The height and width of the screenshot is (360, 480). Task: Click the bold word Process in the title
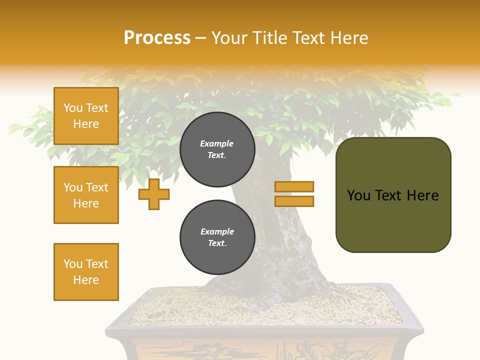point(157,38)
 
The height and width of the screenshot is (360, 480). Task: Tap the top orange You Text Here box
point(86,116)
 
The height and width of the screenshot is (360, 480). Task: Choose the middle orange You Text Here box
point(86,195)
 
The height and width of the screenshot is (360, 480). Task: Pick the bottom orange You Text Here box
point(86,271)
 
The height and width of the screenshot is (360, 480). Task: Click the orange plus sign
point(154,194)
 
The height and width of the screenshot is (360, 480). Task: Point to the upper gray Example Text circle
point(217,149)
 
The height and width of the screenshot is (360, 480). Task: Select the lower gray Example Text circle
point(217,237)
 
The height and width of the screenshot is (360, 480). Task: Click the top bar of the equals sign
point(294,186)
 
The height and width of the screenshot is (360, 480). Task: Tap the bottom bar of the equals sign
point(294,201)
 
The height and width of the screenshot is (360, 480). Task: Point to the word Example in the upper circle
point(217,143)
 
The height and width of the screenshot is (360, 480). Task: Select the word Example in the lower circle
point(217,231)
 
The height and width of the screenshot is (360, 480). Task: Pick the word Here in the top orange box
point(86,124)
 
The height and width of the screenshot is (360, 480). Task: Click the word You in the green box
point(358,195)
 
